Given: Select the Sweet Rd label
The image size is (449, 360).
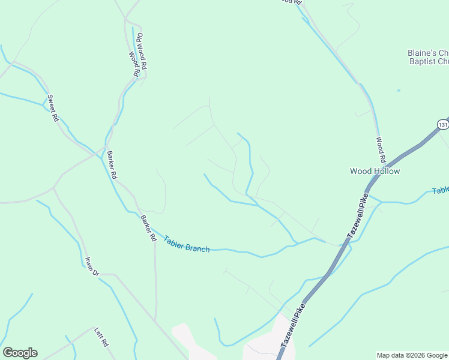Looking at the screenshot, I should [53, 109].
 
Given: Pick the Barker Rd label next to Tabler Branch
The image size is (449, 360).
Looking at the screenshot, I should [148, 228].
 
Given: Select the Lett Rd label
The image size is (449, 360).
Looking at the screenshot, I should [101, 337].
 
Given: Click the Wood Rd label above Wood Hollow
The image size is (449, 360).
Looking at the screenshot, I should [380, 150].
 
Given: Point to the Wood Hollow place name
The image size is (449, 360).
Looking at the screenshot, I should [375, 171].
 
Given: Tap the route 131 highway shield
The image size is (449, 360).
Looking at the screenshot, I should [442, 124].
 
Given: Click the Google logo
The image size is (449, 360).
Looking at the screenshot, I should [20, 352].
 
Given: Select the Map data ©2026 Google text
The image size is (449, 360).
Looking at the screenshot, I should [412, 355].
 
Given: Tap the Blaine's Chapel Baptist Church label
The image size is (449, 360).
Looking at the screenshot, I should [427, 56].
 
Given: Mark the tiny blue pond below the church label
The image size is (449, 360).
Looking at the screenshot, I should [398, 91].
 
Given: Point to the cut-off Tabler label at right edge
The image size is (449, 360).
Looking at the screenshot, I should [440, 190].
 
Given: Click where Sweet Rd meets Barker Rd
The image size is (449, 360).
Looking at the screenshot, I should [96, 154].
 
